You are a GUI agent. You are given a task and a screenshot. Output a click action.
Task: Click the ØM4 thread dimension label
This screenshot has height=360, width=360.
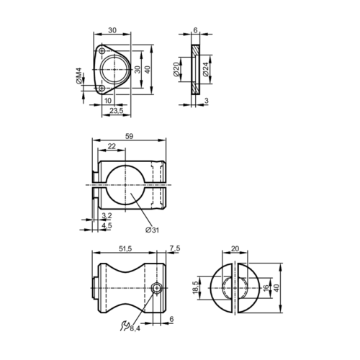pyautogui.click(x=78, y=76)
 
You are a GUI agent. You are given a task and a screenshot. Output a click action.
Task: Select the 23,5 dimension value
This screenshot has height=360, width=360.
pyautogui.click(x=117, y=110)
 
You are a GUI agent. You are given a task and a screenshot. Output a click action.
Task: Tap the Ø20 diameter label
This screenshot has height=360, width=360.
pyautogui.click(x=176, y=69)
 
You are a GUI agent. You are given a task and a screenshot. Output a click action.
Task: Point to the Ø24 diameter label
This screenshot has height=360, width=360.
pyautogui.click(x=206, y=69)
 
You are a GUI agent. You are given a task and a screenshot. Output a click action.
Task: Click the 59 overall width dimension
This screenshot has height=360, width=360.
pyautogui.click(x=129, y=136)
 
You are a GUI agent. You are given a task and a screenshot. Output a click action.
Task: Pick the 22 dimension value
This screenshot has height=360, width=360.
pyautogui.click(x=112, y=146)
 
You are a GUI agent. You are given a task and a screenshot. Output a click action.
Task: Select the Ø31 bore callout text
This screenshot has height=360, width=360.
pyautogui.click(x=152, y=230)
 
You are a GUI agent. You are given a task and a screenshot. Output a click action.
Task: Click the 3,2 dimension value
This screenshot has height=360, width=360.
pyautogui.click(x=107, y=216)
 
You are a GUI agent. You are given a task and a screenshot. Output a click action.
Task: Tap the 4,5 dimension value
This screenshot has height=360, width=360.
pyautogui.click(x=107, y=225)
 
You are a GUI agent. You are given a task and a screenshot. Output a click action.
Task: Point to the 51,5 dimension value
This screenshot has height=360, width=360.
pyautogui.click(x=125, y=249)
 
